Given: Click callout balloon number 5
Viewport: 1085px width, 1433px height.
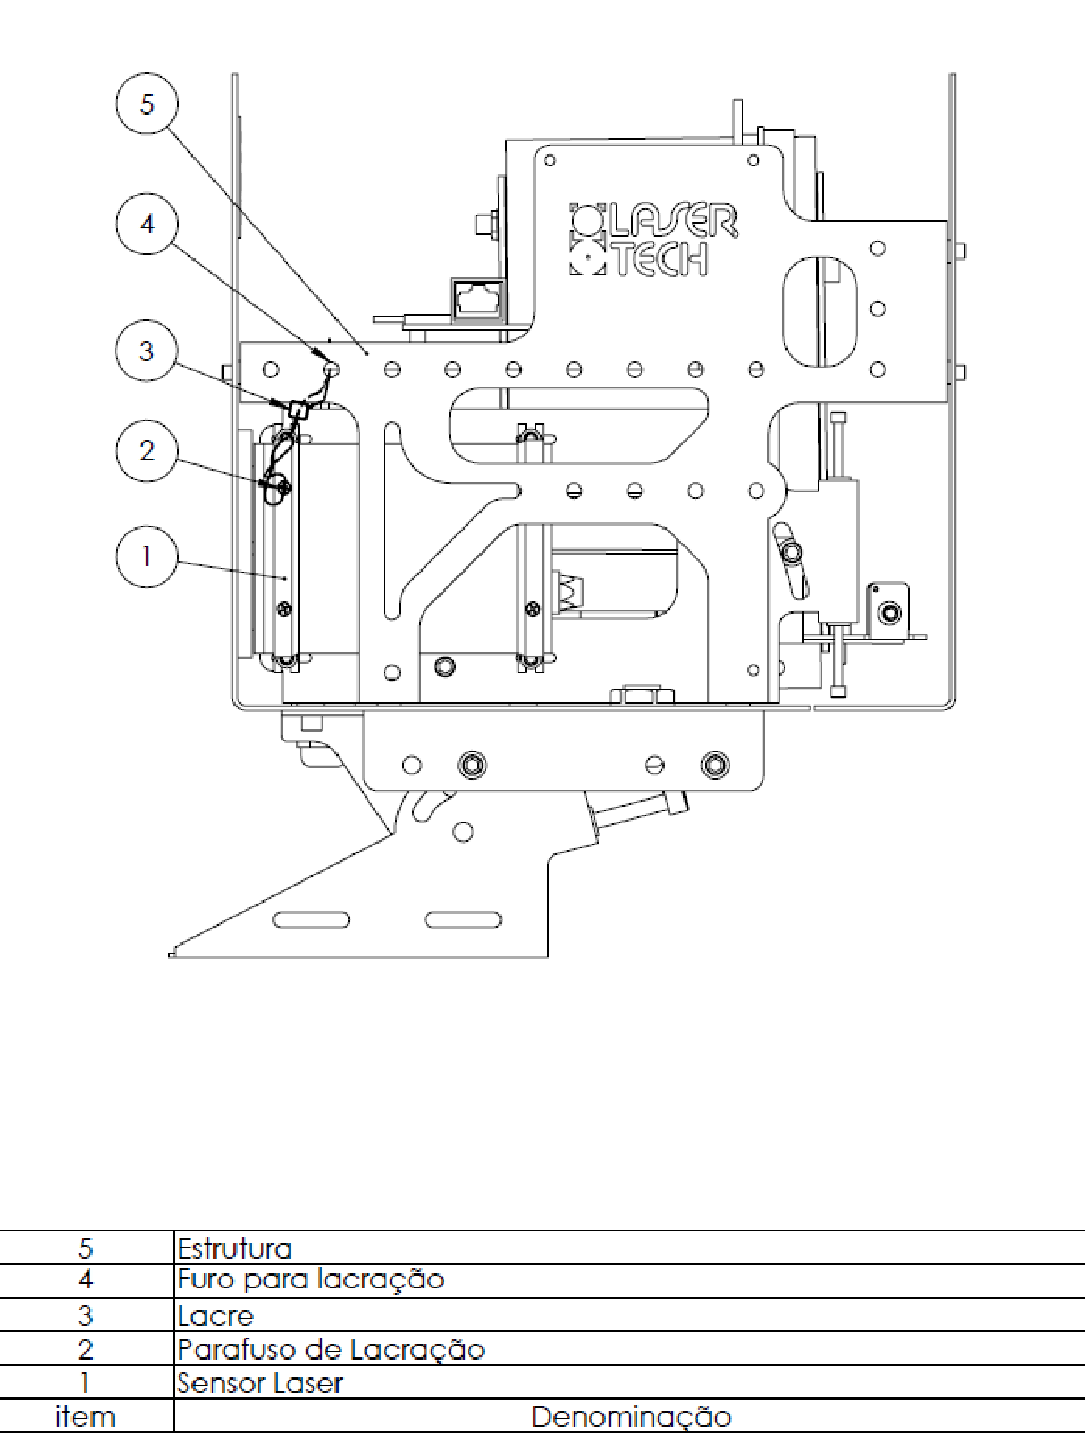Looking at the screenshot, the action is [x=147, y=103].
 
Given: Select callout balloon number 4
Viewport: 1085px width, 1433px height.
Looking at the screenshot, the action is [x=147, y=224].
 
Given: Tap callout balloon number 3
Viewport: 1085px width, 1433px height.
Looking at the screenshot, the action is [x=146, y=350].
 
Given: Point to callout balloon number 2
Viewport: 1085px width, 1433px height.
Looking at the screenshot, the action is [x=147, y=450].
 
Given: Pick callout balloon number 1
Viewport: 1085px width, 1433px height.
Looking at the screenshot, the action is [x=147, y=556].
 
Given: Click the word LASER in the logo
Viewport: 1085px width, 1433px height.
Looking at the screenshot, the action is [x=673, y=220].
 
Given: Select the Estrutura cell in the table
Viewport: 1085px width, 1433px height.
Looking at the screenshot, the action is [x=234, y=1248].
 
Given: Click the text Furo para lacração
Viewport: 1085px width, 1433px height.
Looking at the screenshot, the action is [x=311, y=1280].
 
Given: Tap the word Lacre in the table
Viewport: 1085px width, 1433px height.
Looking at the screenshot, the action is [x=216, y=1316].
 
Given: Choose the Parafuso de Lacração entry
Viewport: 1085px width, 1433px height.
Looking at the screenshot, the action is [x=331, y=1350].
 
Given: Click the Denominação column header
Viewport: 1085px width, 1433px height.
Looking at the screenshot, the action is [x=631, y=1417].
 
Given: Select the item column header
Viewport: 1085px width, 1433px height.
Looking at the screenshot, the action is [x=85, y=1417].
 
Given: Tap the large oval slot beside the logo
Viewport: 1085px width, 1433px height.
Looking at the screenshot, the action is [x=819, y=312].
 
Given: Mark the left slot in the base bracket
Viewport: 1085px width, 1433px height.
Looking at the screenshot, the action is [x=311, y=920].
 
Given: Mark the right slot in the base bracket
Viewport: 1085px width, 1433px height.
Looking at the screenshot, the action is [x=463, y=920].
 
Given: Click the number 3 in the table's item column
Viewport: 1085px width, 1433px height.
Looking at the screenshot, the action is [x=86, y=1316].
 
